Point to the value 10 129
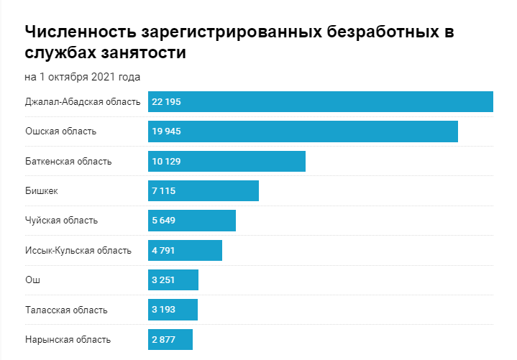(x=166, y=162)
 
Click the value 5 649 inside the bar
(x=163, y=221)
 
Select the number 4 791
(x=163, y=251)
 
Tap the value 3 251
(x=163, y=280)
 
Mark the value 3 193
(x=163, y=310)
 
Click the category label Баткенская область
(x=68, y=162)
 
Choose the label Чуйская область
(x=61, y=221)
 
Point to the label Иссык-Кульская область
(x=78, y=251)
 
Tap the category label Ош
(x=32, y=280)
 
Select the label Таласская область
(x=66, y=310)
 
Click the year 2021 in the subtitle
(x=103, y=76)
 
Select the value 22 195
(x=166, y=102)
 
